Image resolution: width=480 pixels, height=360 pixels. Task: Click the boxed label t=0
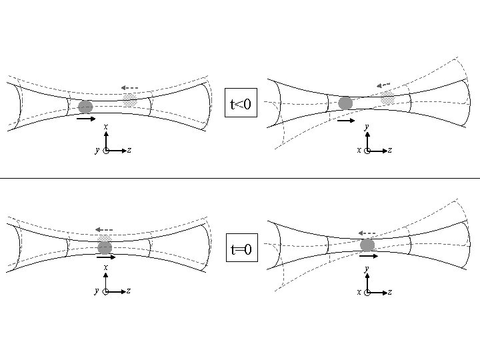point(240,250)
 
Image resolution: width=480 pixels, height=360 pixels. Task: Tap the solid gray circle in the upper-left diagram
point(85,107)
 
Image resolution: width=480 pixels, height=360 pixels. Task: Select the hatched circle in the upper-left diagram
point(130,100)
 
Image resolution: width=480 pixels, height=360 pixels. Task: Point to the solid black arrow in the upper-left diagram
point(86,120)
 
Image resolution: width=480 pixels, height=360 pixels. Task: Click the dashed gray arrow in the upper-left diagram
point(129,87)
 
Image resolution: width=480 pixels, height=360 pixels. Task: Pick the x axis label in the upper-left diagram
point(106,127)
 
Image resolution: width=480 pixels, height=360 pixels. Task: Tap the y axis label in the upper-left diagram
point(97,151)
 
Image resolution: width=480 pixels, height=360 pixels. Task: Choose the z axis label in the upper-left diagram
point(129,151)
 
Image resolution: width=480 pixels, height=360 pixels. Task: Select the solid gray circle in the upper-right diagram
point(345,103)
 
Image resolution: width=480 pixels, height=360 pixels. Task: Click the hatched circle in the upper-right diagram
point(387,98)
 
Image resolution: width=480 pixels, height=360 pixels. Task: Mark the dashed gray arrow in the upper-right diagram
point(383,85)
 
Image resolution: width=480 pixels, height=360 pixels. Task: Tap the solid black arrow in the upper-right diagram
point(345,121)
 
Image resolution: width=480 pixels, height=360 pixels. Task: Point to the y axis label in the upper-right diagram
point(367,126)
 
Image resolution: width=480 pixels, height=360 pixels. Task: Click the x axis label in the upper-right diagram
point(359,151)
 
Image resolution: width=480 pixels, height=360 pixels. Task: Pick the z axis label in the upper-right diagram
point(389,151)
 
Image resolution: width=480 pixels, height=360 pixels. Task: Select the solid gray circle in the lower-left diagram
point(105,248)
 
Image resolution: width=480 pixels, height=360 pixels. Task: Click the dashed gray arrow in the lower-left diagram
point(104,230)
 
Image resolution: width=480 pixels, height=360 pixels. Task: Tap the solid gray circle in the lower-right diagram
point(367,245)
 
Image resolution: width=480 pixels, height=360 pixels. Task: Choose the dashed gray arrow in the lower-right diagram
point(367,233)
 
